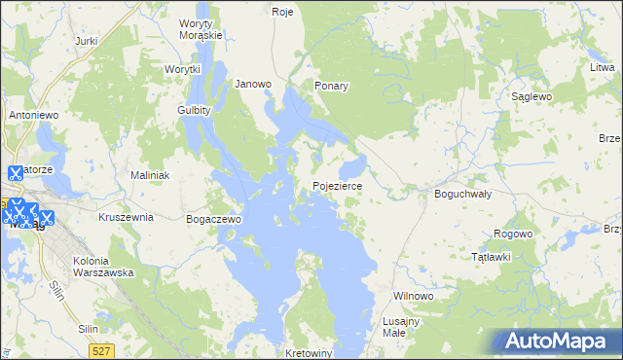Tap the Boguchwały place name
462,194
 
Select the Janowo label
253,84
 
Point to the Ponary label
331,86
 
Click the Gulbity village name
195,111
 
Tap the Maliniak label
151,175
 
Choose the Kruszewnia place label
126,217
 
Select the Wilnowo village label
412,295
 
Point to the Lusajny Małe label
401,327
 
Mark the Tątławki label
491,257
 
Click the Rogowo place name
513,234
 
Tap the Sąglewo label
532,97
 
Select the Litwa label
603,67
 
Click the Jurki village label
87,41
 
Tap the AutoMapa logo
555,341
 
